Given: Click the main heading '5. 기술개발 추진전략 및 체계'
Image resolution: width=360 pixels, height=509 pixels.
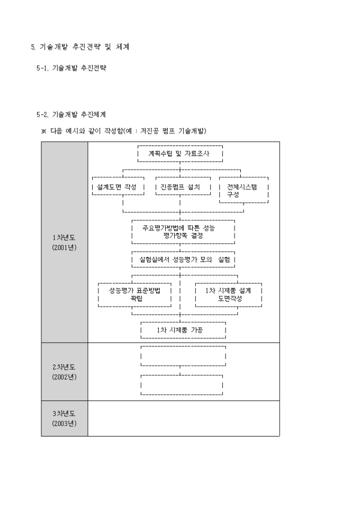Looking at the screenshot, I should (x=80, y=47).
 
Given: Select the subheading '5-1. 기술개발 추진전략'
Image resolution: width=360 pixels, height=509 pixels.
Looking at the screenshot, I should (x=71, y=69).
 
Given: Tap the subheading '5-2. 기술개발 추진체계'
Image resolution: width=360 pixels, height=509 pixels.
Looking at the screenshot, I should (x=71, y=114).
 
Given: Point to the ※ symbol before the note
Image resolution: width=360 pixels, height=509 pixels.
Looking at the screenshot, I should (x=44, y=131).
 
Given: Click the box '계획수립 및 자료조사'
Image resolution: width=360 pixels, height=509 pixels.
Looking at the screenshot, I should (x=180, y=154).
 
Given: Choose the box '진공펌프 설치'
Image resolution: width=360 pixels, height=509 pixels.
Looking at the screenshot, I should (x=180, y=187).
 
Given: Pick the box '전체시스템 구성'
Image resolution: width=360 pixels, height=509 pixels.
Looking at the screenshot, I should (x=244, y=190).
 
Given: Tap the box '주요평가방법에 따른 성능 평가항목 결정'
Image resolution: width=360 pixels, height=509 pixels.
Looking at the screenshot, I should (x=182, y=231).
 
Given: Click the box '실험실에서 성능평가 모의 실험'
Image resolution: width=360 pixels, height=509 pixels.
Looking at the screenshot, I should (x=183, y=260).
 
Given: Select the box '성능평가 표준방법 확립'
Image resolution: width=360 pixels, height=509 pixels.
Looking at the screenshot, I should (x=135, y=295).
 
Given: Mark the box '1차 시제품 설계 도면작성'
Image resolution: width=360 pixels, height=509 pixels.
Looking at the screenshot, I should (x=228, y=295).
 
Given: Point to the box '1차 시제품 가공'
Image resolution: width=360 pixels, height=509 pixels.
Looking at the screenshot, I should (x=183, y=330).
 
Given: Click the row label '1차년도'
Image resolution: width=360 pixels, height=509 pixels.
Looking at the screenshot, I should (x=64, y=238).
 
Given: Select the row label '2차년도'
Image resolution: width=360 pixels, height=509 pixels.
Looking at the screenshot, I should (x=64, y=367).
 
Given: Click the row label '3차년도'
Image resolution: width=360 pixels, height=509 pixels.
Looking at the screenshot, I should (x=64, y=414).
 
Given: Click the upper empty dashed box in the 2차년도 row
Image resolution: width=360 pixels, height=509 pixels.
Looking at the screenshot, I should (x=183, y=356).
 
